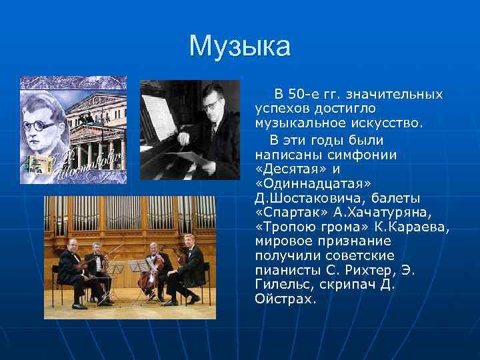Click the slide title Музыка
pos(240,47)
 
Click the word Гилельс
pos(284,285)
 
